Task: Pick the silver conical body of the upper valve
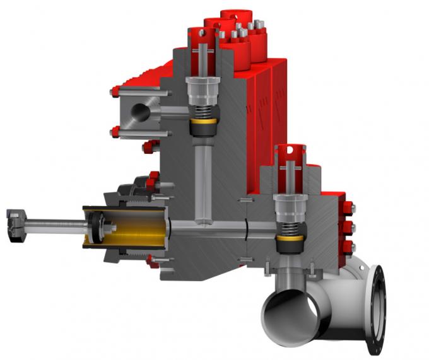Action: (x=203, y=88)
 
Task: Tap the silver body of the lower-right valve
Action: (x=290, y=206)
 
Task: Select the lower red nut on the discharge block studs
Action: (x=115, y=132)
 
